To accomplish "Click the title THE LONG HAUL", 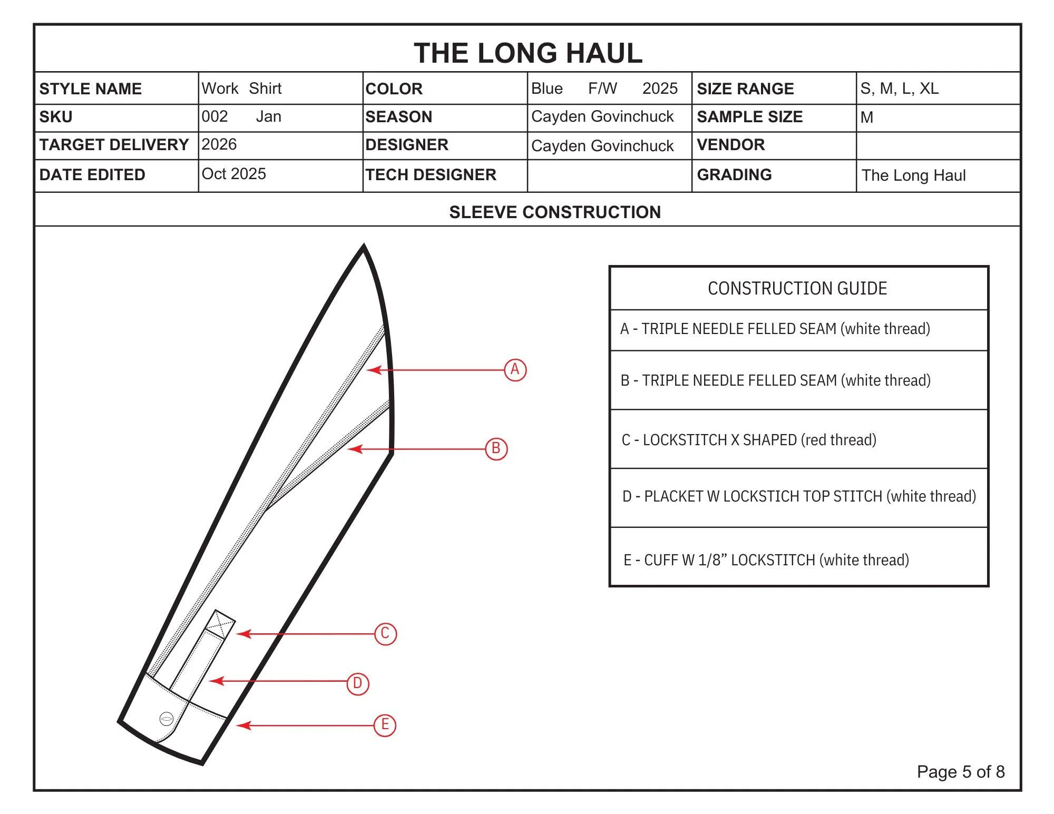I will click(528, 53).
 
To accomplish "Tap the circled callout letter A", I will click(515, 370).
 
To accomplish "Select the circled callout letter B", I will click(496, 449).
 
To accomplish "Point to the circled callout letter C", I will click(385, 634).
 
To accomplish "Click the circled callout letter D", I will click(358, 684).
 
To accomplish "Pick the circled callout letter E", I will click(385, 725).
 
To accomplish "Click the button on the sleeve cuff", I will click(166, 719).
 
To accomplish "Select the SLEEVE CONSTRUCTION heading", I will click(554, 212).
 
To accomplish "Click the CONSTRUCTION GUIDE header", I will click(797, 289).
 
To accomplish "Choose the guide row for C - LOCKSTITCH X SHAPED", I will click(749, 440).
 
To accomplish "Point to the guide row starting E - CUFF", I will click(766, 560).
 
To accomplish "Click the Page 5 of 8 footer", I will click(960, 772).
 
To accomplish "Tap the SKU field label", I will click(56, 117).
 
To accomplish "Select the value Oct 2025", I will click(233, 174).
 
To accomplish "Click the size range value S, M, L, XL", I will click(900, 89).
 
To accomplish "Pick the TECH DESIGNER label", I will click(431, 175).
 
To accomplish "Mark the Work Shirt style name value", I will click(241, 89).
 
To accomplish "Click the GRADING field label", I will click(734, 175).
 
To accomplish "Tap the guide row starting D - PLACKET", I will click(799, 496).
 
